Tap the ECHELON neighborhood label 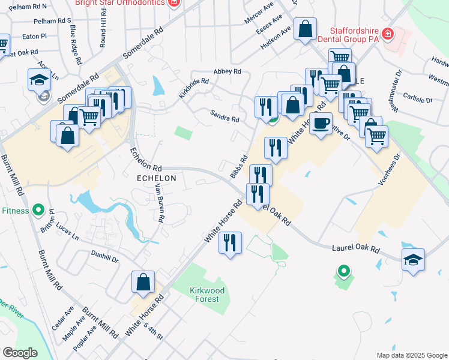point(157,178)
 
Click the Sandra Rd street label point(224,115)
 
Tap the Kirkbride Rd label point(193,88)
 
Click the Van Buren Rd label point(159,203)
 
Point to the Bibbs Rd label point(239,167)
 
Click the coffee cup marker point(321,124)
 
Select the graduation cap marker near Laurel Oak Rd point(413,260)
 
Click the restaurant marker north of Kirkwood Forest point(230,244)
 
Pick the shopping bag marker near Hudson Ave point(305,28)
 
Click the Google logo point(20,353)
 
